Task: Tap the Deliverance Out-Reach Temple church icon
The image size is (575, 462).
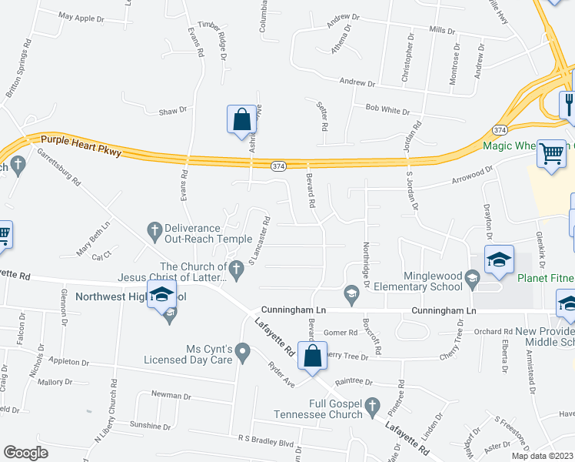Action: pos(153,229)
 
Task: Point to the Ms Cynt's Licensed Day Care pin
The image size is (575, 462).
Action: pos(243,353)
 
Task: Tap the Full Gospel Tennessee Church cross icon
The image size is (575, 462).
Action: pos(373,404)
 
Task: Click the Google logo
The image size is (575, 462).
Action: pos(25,453)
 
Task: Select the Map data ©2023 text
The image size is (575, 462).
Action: pos(542,456)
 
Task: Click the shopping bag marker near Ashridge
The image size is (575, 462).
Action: pos(241,120)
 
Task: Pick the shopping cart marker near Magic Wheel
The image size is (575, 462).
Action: pos(550,154)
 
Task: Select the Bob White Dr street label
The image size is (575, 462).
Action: pos(387,109)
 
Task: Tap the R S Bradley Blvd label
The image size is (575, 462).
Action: pos(266,443)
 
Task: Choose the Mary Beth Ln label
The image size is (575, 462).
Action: pos(94,243)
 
